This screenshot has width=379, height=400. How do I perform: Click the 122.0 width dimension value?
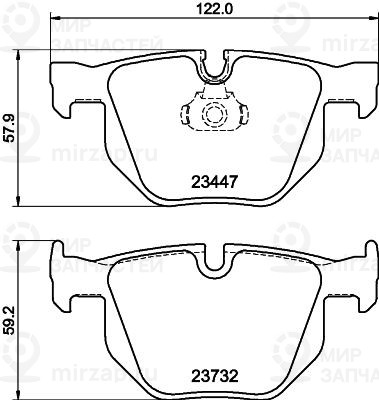pos(214,8)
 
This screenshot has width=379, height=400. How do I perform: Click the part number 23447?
pos(214,182)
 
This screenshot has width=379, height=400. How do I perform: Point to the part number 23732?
pos(214,377)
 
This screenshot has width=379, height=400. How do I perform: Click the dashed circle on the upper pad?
pos(215,115)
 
